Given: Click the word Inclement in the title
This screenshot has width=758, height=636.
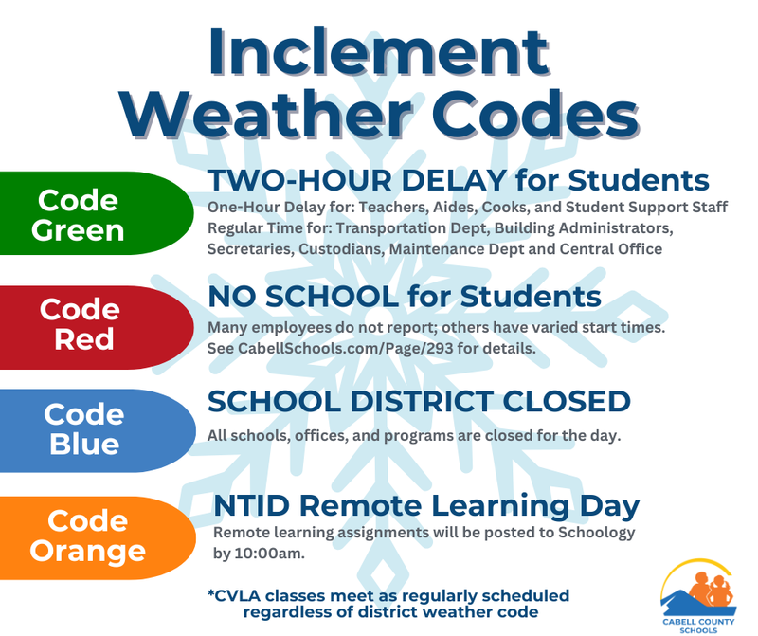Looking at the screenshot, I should (x=379, y=52).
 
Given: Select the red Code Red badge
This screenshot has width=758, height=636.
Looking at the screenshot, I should (x=85, y=324).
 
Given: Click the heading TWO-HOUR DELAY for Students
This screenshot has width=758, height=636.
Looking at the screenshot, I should (x=459, y=180).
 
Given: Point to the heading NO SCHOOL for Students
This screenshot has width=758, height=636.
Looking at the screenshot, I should (x=405, y=297).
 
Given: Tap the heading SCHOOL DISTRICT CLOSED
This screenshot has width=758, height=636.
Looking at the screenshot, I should (x=419, y=401).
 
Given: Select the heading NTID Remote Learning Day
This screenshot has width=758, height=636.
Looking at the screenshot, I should (x=426, y=505).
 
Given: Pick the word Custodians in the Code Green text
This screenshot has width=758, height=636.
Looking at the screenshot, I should (x=334, y=248).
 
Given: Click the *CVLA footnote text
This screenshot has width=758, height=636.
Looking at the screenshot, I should (x=388, y=603).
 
